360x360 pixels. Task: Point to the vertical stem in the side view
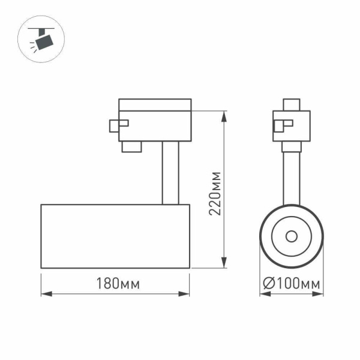(x=169, y=173)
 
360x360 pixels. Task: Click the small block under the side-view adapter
(x=131, y=147)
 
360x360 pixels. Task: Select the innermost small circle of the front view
(x=292, y=236)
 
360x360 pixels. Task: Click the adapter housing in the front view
(x=292, y=126)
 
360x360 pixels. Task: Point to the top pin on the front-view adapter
(x=292, y=104)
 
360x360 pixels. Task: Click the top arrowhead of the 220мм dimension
(x=224, y=115)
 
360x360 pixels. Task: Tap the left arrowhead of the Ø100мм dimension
(x=263, y=294)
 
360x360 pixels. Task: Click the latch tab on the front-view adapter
(x=280, y=125)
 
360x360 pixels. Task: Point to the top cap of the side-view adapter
(x=155, y=105)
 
